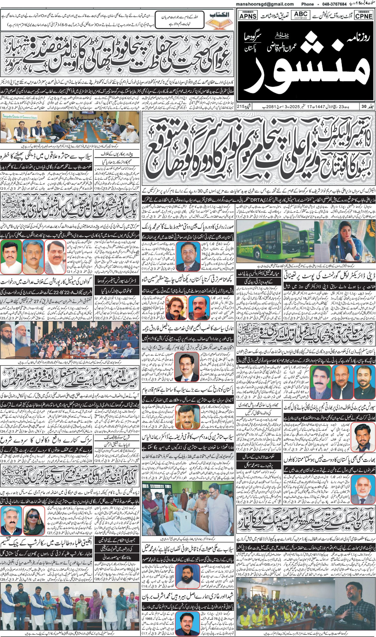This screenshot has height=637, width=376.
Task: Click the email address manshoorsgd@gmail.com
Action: (x=265, y=4)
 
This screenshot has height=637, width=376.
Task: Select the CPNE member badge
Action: (x=364, y=15)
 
